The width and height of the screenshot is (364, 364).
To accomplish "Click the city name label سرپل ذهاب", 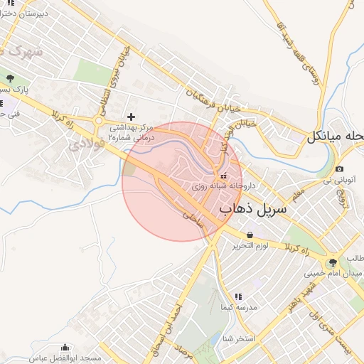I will (x=252, y=209).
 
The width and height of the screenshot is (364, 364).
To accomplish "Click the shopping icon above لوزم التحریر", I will (x=250, y=235).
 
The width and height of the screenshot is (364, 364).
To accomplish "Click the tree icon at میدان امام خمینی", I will (x=333, y=263).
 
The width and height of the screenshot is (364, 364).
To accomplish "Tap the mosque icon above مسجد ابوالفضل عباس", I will (x=66, y=348).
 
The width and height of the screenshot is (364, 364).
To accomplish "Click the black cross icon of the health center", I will (x=131, y=116).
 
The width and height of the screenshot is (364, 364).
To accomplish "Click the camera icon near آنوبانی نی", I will (x=339, y=168).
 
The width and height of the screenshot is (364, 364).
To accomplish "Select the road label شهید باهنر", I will (x=293, y=299).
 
